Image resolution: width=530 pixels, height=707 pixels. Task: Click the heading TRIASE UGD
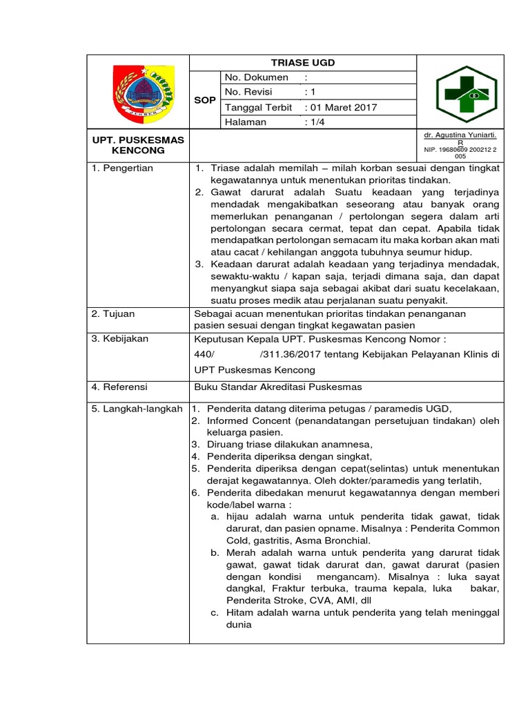pos(303,62)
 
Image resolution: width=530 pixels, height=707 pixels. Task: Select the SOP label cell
pos(204,100)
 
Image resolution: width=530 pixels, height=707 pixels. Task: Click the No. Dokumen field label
pos(257,77)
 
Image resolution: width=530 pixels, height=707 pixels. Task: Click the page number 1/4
pos(316,122)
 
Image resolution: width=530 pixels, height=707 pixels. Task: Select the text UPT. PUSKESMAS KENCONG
pos(139,145)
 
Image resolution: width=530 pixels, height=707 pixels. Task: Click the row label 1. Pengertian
pos(123,168)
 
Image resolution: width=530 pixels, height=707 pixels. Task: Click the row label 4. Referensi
pos(120,387)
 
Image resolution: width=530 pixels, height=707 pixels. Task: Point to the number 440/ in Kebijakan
pos(206,354)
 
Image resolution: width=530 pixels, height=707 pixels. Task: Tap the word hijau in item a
pos(236,516)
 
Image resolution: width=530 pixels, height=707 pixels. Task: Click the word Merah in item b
pos(237,553)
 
